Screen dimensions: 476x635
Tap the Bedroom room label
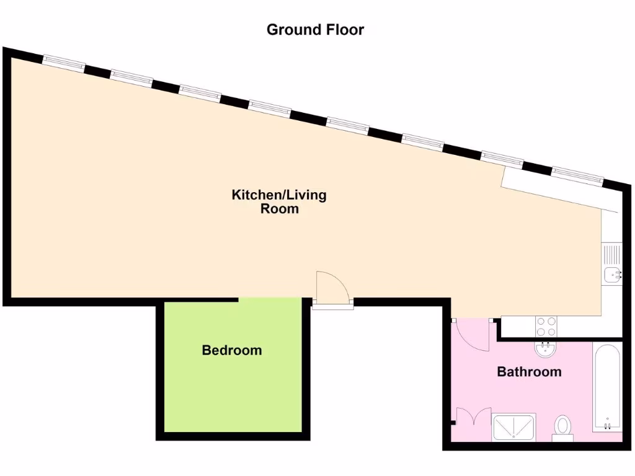click(x=232, y=350)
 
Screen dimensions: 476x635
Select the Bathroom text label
click(x=529, y=372)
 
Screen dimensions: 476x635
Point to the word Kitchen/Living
click(x=278, y=195)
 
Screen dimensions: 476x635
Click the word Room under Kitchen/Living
click(x=279, y=209)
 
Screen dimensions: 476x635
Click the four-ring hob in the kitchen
click(x=546, y=325)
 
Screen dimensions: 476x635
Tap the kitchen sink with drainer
click(x=611, y=263)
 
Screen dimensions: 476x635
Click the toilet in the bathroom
click(x=563, y=426)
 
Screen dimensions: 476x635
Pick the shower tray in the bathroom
click(x=513, y=427)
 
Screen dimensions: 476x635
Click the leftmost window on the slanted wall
click(x=63, y=61)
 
